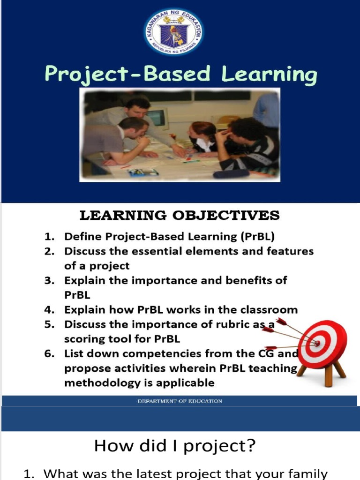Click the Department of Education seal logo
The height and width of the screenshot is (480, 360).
click(x=173, y=31)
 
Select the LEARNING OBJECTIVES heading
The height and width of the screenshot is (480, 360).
click(x=180, y=216)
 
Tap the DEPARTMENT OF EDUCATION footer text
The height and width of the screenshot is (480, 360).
click(x=180, y=401)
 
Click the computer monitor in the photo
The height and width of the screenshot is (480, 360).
click(x=158, y=118)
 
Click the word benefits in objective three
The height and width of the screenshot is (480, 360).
click(x=262, y=280)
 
